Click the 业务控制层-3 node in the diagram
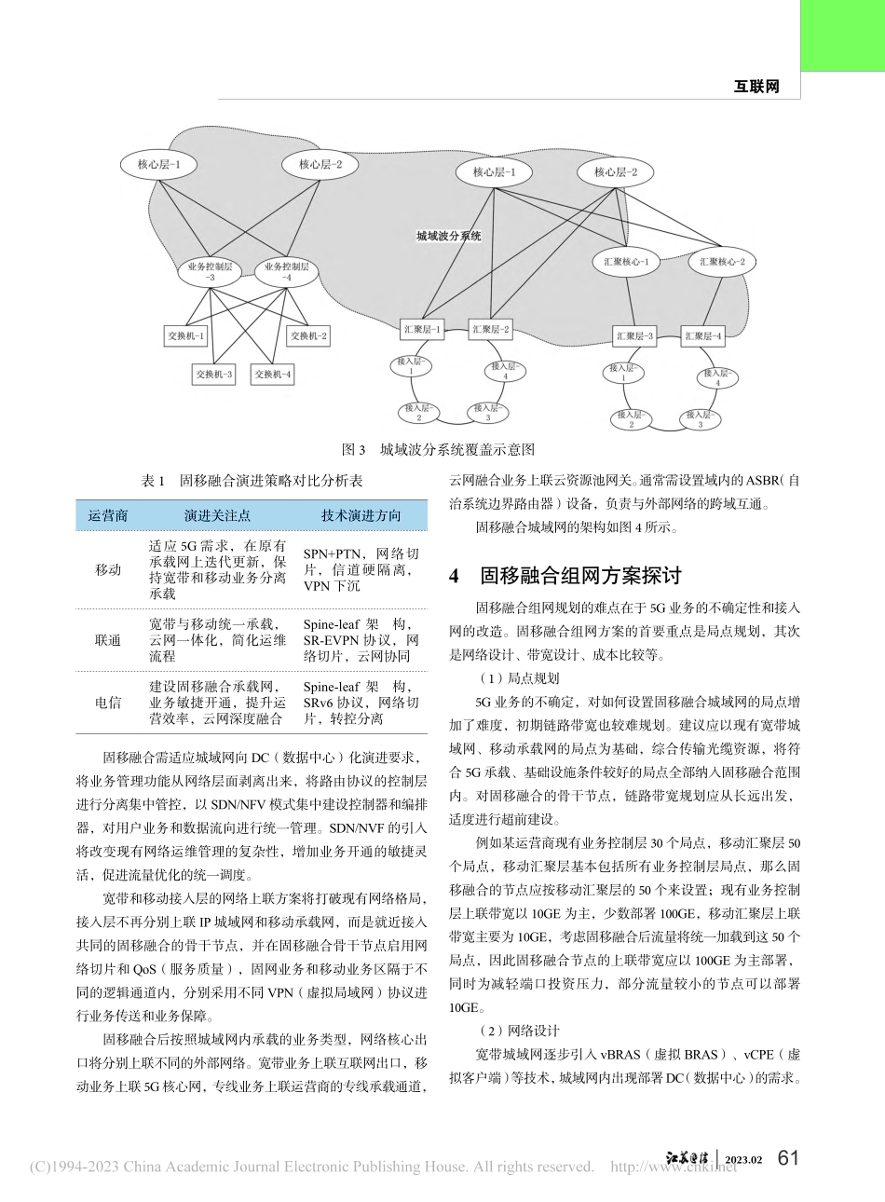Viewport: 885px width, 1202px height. tap(209, 272)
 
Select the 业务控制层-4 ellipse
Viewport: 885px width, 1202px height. tap(286, 272)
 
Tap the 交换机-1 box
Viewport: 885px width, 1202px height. tap(188, 336)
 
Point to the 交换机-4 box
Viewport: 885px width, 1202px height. tap(273, 375)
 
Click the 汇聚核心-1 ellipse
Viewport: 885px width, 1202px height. tap(626, 262)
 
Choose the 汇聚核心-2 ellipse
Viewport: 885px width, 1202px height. tap(722, 262)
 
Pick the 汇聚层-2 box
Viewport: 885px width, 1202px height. tap(490, 329)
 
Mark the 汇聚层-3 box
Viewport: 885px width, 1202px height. tap(635, 335)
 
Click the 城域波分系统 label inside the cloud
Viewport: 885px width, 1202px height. tap(449, 237)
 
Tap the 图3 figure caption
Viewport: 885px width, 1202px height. tap(439, 449)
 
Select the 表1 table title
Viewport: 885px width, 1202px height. tap(251, 481)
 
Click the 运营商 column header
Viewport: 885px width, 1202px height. tap(108, 515)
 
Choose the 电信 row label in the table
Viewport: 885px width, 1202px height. tap(108, 703)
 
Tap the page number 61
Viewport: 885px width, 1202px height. tap(788, 1157)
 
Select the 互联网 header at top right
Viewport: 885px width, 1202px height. tap(756, 86)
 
